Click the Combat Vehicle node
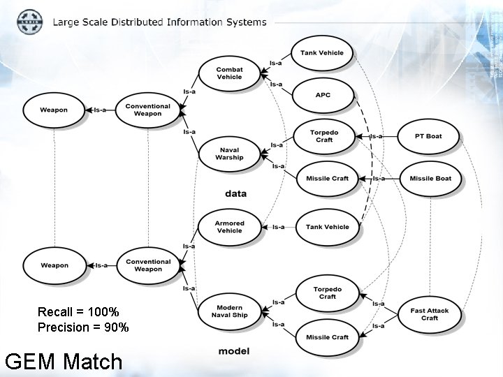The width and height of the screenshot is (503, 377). click(229, 73)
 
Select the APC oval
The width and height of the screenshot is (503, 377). click(322, 96)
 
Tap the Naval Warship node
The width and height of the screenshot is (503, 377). click(229, 154)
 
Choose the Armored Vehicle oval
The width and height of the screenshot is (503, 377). click(229, 227)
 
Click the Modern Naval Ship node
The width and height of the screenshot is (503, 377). click(229, 311)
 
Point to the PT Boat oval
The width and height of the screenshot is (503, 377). click(428, 136)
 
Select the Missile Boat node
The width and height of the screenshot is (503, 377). click(430, 179)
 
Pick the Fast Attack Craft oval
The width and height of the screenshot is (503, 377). click(430, 314)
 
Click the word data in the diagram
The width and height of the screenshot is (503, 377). click(235, 193)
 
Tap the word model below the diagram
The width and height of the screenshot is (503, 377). click(233, 351)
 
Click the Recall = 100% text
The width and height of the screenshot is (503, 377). click(78, 311)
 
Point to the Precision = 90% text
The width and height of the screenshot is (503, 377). click(83, 327)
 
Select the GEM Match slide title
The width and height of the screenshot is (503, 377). click(63, 362)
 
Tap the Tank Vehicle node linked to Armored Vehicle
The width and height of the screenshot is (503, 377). click(327, 227)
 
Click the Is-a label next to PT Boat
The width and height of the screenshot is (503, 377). click(376, 136)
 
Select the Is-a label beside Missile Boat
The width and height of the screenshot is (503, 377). click(379, 179)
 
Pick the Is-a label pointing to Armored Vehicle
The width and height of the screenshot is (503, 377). click(278, 227)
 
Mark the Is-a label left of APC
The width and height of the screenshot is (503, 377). click(276, 84)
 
